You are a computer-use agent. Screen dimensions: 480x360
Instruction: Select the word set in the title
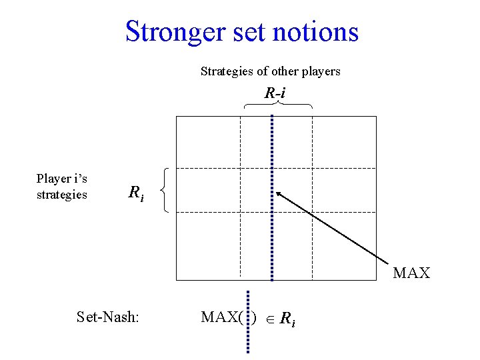(x=257, y=32)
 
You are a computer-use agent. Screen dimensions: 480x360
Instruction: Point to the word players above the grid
(x=321, y=71)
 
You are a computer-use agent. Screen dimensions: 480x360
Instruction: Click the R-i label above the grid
(x=275, y=94)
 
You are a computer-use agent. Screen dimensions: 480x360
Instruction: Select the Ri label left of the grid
(x=135, y=193)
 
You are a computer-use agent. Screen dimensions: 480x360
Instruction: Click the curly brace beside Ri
(x=165, y=190)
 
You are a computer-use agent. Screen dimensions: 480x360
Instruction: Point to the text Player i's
(x=62, y=179)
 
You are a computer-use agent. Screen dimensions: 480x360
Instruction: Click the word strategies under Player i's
(x=62, y=195)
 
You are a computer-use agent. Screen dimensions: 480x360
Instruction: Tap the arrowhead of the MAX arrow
(x=280, y=194)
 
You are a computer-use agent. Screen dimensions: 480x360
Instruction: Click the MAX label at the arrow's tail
(x=411, y=273)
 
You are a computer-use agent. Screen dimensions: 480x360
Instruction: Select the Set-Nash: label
(x=108, y=317)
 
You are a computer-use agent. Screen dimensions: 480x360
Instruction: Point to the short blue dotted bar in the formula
(x=248, y=321)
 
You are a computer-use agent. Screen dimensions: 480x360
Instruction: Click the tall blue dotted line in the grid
(x=272, y=200)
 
